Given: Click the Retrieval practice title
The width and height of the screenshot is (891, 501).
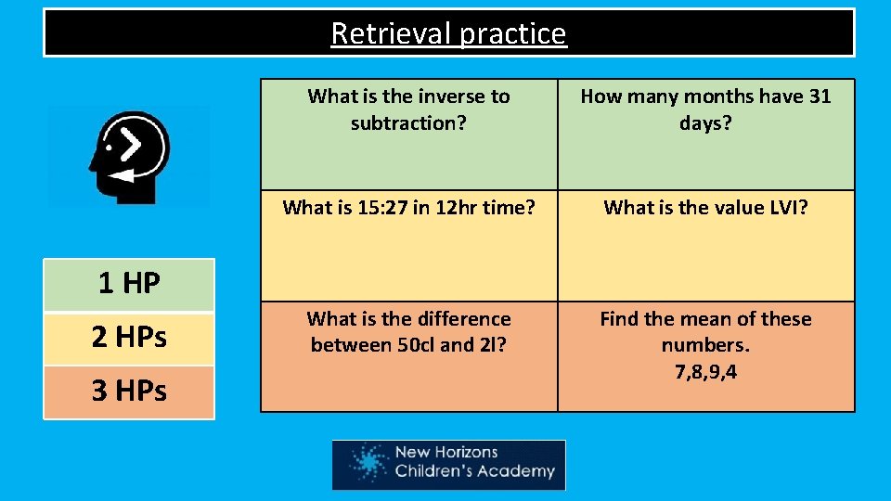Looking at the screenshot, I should tap(448, 33).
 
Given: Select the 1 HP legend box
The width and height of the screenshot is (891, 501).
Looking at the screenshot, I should tap(129, 284).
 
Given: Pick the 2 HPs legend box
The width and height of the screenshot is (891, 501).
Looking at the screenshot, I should tap(129, 338).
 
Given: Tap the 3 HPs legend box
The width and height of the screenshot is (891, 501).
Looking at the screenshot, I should tap(129, 392).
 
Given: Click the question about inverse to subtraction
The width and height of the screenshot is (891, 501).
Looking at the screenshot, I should tap(408, 109).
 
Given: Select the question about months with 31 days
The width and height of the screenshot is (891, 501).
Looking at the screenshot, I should tap(705, 109).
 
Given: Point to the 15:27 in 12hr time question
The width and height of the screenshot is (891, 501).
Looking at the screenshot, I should tap(408, 208).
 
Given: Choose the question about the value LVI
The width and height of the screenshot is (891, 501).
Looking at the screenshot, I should tap(705, 208).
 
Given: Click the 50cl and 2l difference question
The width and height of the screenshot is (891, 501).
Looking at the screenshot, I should tap(408, 332).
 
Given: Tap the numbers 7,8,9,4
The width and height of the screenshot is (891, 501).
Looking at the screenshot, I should tap(705, 373).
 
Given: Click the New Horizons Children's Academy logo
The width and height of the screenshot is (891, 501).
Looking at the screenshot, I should tap(448, 464).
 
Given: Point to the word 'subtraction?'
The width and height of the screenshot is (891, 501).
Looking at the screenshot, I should tap(408, 122).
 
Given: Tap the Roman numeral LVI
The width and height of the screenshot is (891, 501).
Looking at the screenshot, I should tap(781, 208).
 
